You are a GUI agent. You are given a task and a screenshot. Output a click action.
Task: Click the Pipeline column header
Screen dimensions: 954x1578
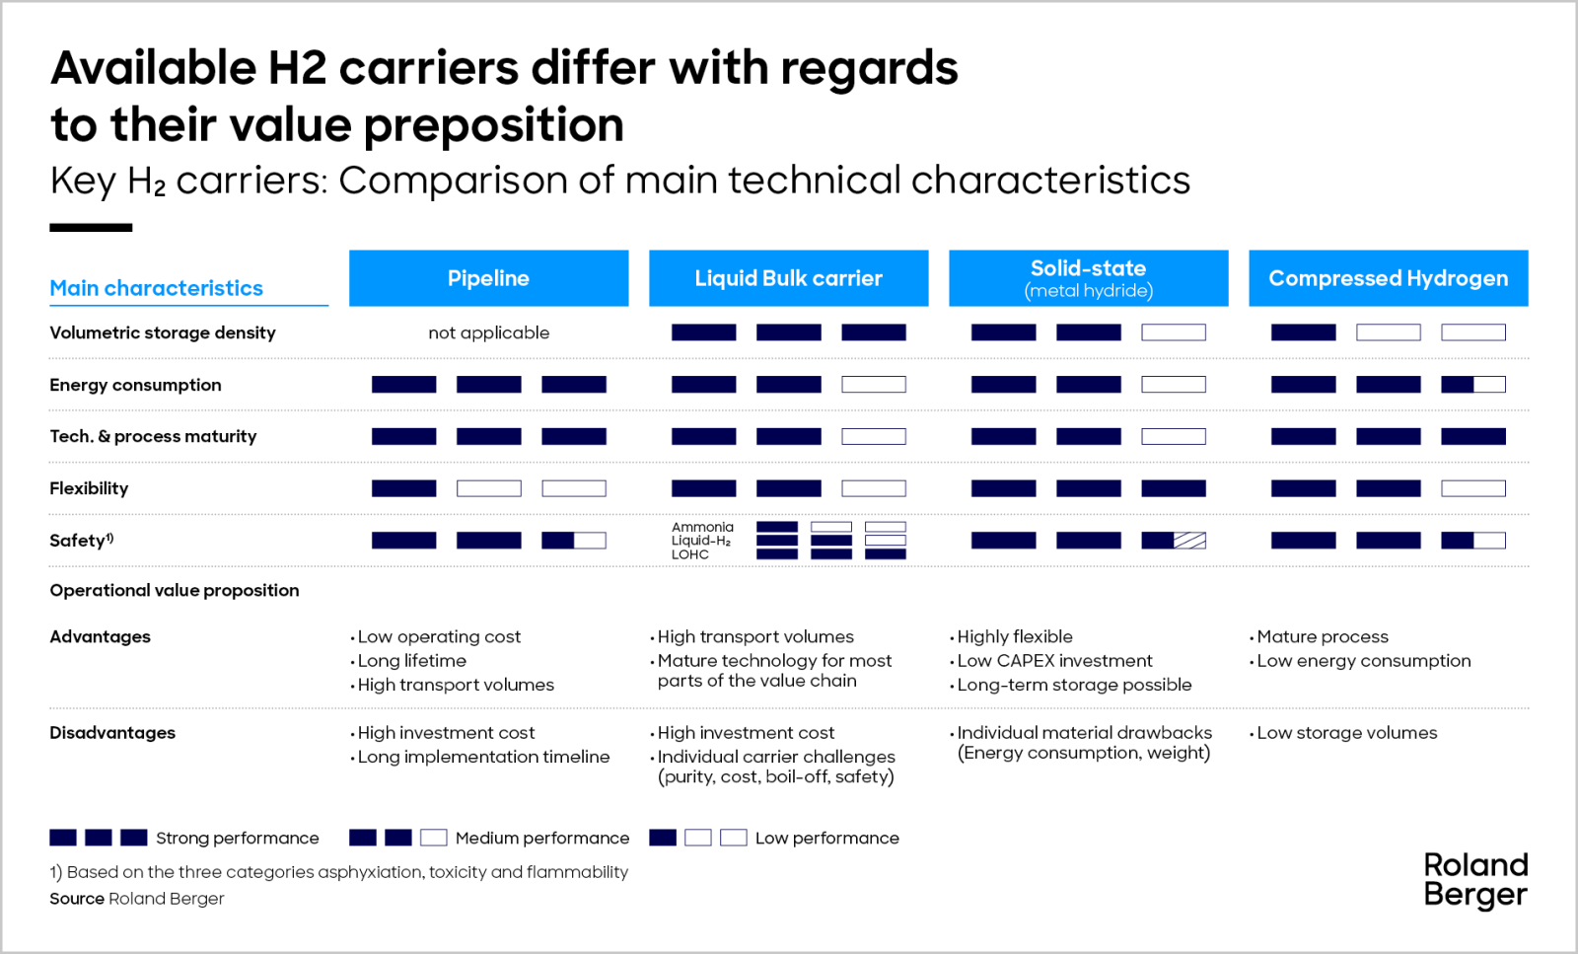488,278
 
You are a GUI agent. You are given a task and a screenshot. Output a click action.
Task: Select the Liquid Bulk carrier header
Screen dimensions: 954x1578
788,278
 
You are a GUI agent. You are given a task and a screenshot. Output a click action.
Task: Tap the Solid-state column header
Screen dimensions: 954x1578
1088,277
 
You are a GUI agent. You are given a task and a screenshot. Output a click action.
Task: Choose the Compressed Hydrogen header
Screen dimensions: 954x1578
1388,278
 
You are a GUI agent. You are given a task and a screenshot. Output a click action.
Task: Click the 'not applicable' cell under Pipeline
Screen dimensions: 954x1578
488,333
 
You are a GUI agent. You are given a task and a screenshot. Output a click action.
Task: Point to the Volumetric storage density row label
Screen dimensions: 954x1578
163,333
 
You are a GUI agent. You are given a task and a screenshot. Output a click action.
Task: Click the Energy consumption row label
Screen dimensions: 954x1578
135,385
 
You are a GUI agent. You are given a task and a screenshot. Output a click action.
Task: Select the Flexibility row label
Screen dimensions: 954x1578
89,488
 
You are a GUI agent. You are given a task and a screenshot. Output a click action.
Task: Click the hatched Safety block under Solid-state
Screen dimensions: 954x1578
1188,541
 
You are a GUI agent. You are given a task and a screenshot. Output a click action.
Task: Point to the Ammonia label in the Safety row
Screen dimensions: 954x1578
702,527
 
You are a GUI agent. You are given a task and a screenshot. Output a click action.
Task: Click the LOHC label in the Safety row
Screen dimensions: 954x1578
689,554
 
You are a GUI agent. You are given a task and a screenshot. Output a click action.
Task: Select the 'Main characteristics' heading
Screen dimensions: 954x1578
156,288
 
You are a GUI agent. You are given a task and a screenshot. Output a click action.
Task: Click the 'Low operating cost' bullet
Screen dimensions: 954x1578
439,637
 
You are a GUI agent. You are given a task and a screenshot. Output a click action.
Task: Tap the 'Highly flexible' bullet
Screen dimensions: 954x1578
1015,637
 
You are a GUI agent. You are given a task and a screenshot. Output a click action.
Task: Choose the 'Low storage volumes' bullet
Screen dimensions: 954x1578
1346,733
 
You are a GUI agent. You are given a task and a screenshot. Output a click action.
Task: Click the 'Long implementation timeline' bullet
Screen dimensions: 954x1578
483,757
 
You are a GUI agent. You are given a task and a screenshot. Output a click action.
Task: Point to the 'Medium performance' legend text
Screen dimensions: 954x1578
541,839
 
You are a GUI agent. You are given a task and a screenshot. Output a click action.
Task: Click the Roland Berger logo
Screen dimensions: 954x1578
1474,880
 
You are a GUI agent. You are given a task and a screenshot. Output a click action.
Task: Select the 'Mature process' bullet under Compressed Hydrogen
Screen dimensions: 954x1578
1322,637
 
